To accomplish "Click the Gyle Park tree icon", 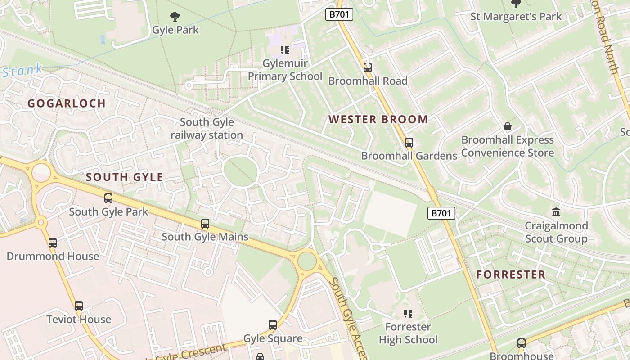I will point(175,17).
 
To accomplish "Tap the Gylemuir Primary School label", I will point(285,70).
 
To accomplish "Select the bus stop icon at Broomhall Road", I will point(368,68).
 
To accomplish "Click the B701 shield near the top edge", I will point(339,14).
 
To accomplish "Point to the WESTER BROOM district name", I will point(378,119).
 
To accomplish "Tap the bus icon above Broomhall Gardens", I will point(409,143).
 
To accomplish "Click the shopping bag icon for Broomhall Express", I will point(508,127).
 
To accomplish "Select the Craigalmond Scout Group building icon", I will point(556,212).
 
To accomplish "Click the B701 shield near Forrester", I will point(441,213).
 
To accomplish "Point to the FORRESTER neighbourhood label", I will point(511,274).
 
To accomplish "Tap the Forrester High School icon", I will point(408,314).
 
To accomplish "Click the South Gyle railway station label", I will point(207,128).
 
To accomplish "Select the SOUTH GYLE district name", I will point(124,177).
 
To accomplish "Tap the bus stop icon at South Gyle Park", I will point(108,198).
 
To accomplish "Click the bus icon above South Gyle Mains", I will point(205,224).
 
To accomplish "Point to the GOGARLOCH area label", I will point(67,103).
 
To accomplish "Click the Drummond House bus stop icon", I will point(53,243).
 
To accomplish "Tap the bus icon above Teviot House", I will point(79,306).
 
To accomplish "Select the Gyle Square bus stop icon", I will point(273,325).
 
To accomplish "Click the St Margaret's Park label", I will point(516,17).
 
